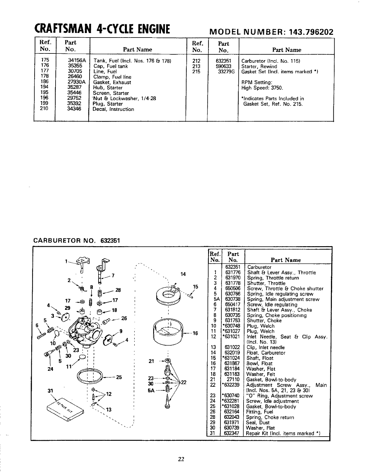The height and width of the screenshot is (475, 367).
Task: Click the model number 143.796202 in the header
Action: coord(308,32)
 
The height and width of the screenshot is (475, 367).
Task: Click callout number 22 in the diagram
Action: coord(184,382)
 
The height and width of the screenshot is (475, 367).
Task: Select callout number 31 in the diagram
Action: coord(50,391)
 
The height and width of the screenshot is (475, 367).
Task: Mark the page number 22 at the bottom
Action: coord(181,459)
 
